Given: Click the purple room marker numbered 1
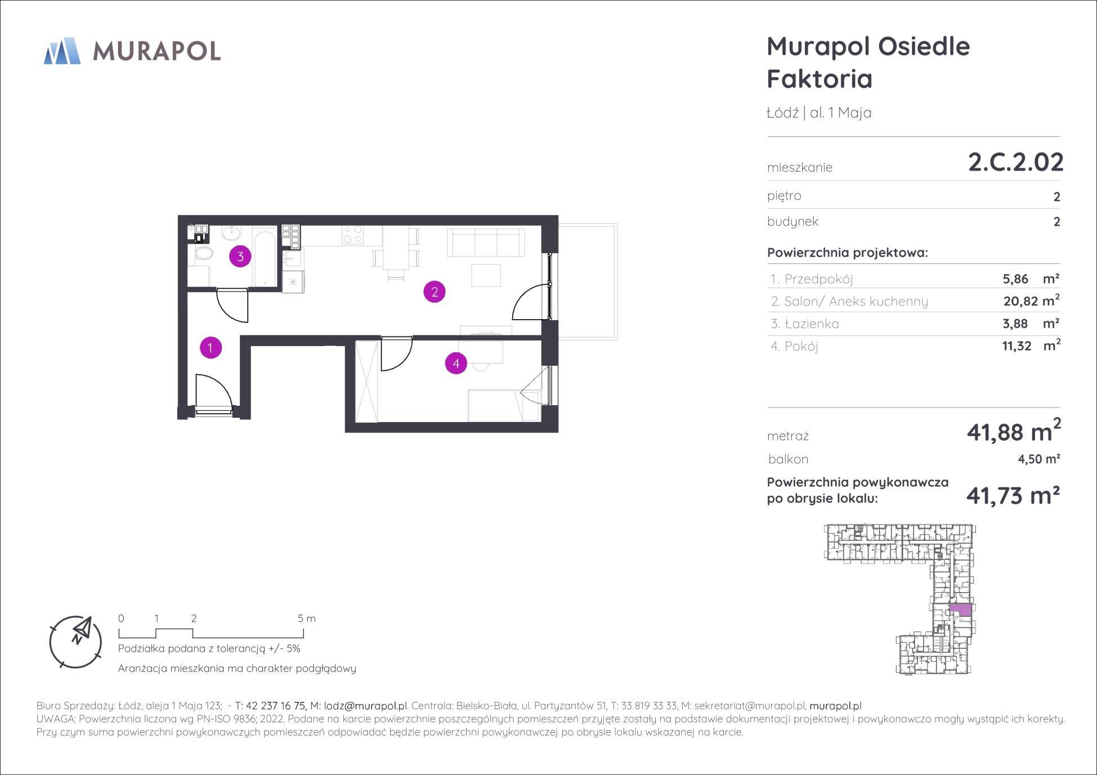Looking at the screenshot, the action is click(211, 348).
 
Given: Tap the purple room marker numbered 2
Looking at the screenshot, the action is click(435, 292).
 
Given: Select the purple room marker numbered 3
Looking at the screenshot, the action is click(240, 257).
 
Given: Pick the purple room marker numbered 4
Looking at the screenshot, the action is click(456, 364).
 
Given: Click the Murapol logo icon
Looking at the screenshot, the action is click(62, 51).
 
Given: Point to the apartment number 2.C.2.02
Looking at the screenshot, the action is click(1015, 162).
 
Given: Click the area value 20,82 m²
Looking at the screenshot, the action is click(1031, 301).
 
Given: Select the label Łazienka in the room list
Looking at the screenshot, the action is click(813, 324).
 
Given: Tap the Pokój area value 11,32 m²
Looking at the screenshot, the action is click(1031, 346).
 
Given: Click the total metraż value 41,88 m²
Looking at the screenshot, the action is click(1014, 432).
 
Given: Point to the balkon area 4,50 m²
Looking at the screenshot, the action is click(1039, 459).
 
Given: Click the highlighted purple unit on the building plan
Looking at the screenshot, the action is click(960, 608).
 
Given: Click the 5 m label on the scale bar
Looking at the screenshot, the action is click(307, 619).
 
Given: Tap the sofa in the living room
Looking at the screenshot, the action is click(485, 243).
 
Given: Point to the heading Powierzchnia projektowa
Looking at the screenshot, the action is click(848, 253).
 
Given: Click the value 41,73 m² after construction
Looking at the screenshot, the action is click(1013, 496).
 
